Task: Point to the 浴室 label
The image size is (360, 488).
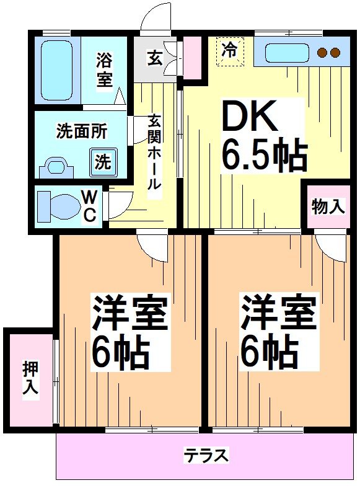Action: pyautogui.click(x=104, y=71)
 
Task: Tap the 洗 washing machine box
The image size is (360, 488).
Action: pyautogui.click(x=103, y=162)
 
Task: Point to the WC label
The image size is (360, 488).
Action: pyautogui.click(x=90, y=206)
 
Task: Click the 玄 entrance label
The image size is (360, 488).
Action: pyautogui.click(x=154, y=60)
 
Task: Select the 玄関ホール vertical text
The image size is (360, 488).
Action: pyautogui.click(x=154, y=152)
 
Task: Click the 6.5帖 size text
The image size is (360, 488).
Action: pyautogui.click(x=265, y=156)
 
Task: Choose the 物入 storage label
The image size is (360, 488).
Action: pyautogui.click(x=327, y=206)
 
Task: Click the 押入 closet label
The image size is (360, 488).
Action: pyautogui.click(x=30, y=378)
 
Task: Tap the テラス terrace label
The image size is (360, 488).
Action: pyautogui.click(x=206, y=456)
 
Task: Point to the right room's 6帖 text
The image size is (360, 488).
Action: pyautogui.click(x=278, y=352)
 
